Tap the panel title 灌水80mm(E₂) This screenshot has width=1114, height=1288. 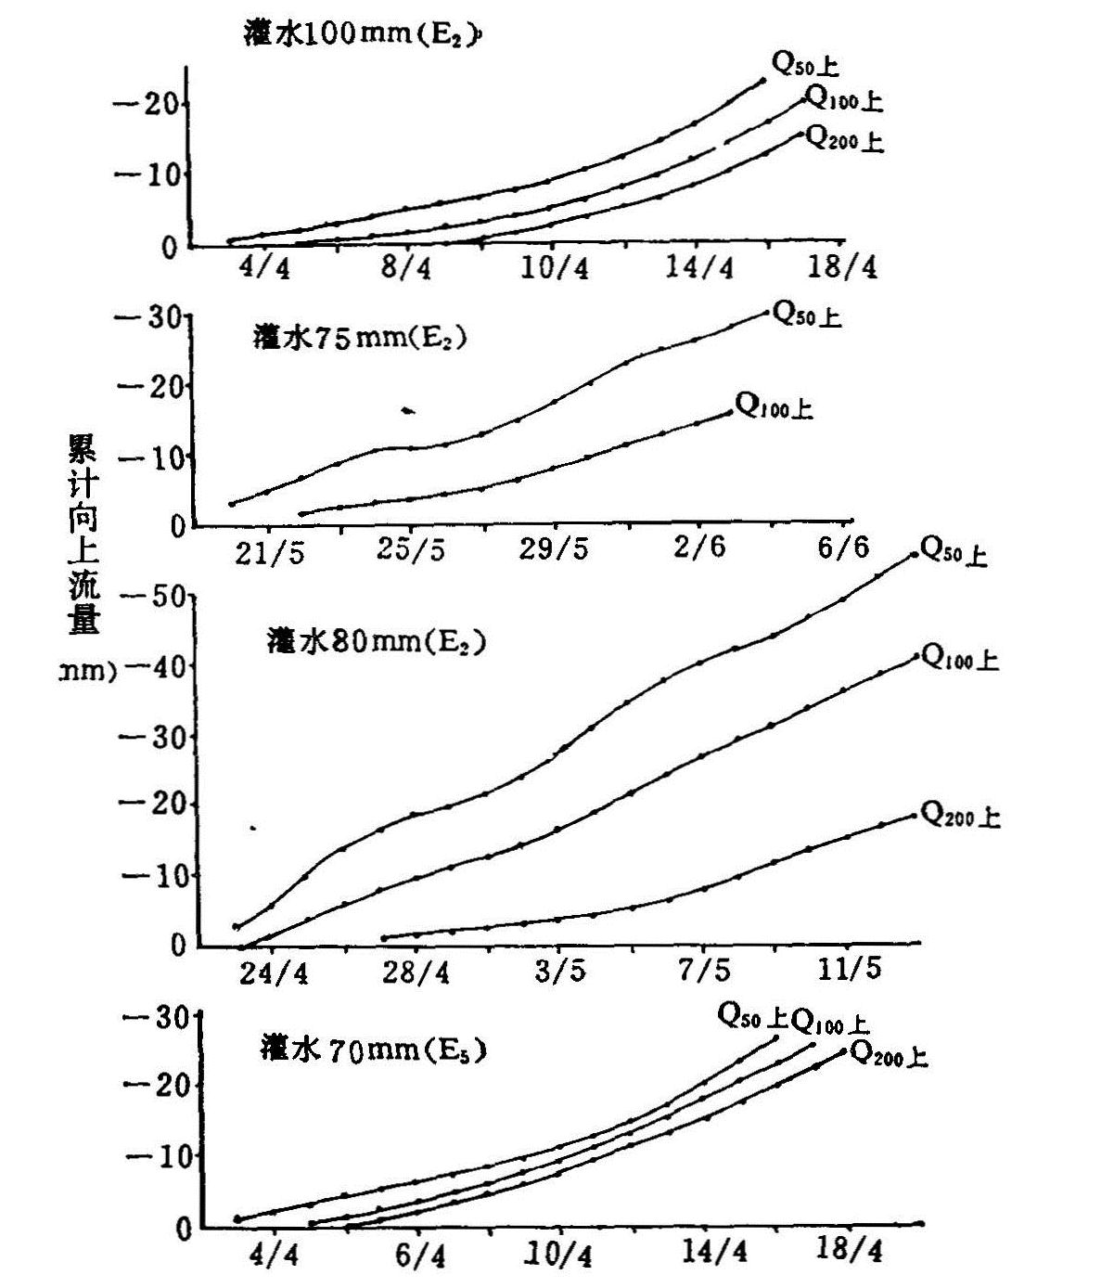click(x=376, y=641)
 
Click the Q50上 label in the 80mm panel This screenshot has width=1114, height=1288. click(x=953, y=553)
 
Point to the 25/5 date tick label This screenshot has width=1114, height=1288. click(x=411, y=550)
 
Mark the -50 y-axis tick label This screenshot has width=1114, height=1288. click(x=156, y=595)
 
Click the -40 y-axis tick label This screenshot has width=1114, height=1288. click(x=156, y=665)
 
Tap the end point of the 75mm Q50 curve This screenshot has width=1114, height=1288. click(x=767, y=312)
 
